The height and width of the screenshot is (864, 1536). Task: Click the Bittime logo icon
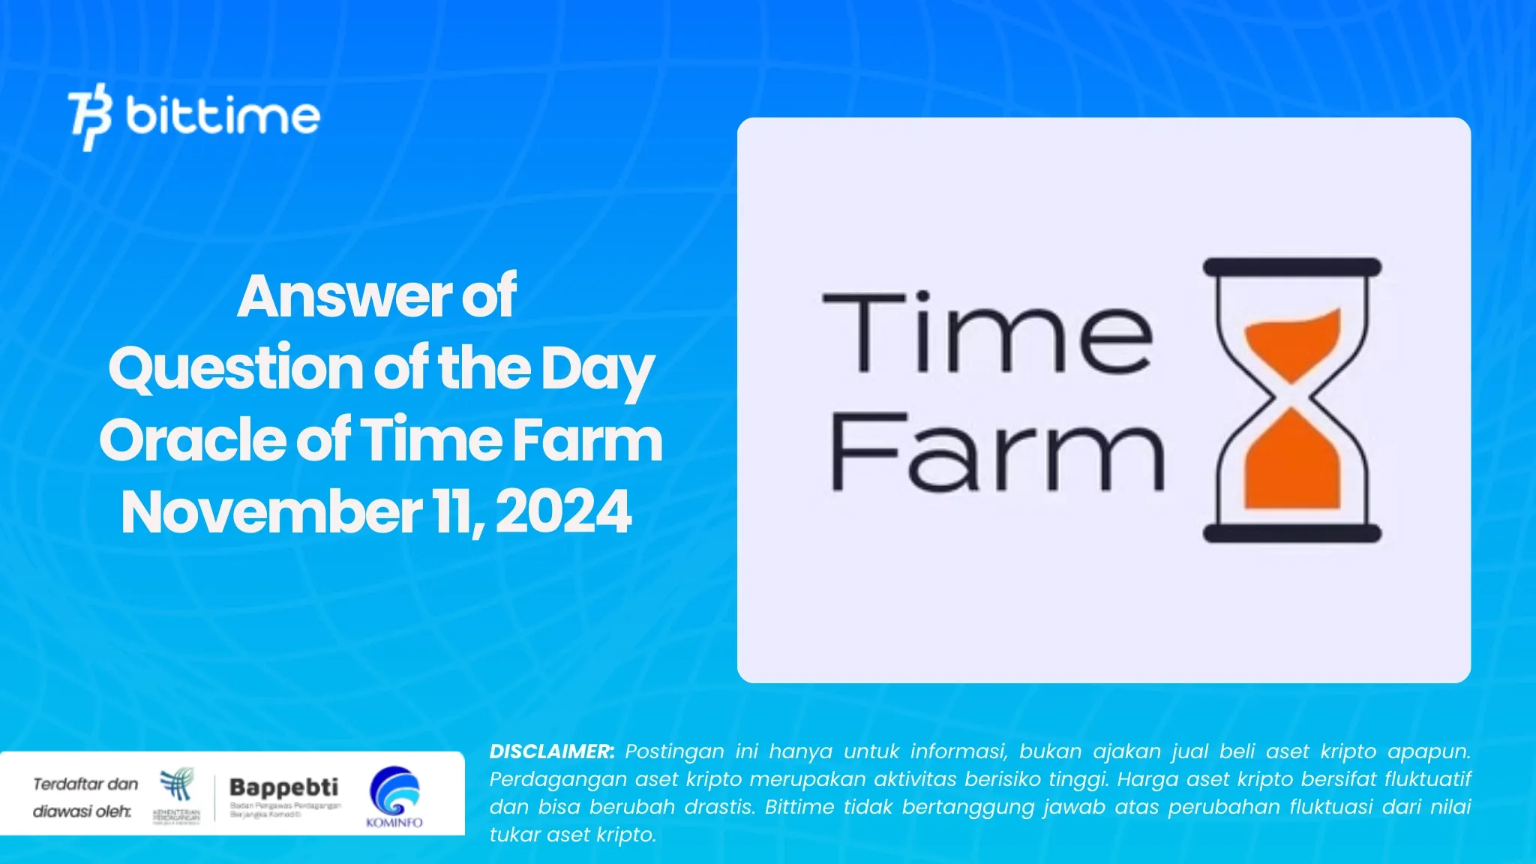click(91, 116)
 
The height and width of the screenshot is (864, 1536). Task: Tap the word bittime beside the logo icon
click(223, 115)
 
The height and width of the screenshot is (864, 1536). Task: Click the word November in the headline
click(271, 512)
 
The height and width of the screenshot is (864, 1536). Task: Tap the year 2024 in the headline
click(563, 512)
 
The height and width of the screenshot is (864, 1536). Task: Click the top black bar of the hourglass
click(1291, 267)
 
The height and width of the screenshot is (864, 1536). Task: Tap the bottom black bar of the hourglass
click(1291, 533)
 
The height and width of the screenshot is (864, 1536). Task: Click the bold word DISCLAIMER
click(551, 751)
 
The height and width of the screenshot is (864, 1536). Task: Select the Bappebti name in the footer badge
click(283, 787)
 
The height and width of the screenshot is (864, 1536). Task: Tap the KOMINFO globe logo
click(394, 790)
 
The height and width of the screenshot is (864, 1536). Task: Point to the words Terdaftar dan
click(85, 784)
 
